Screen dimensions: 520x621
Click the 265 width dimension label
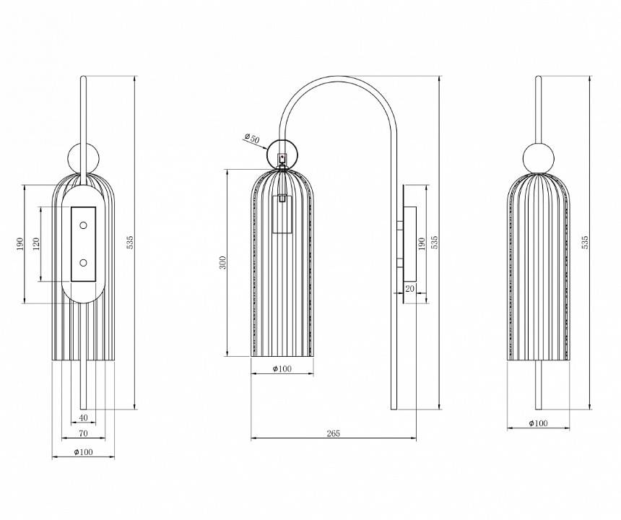pyautogui.click(x=333, y=433)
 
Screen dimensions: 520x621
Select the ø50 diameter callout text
pyautogui.click(x=251, y=137)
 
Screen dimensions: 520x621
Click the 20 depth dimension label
pyautogui.click(x=410, y=288)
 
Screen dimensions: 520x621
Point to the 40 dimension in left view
pyautogui.click(x=84, y=417)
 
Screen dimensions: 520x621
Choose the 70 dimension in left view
pyautogui.click(x=84, y=433)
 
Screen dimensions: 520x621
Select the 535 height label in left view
pyautogui.click(x=130, y=243)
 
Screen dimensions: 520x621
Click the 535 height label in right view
pyautogui.click(x=585, y=243)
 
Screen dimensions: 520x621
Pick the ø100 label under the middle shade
pyautogui.click(x=282, y=369)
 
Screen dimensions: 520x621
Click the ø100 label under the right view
pyautogui.click(x=537, y=423)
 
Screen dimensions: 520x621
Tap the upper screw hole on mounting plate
pyautogui.click(x=83, y=226)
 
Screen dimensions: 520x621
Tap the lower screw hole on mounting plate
pyautogui.click(x=83, y=262)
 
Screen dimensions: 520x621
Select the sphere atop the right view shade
pyautogui.click(x=538, y=157)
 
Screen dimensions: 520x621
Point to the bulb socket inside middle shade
pyautogui.click(x=282, y=214)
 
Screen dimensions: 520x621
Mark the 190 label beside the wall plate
pyautogui.click(x=421, y=243)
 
